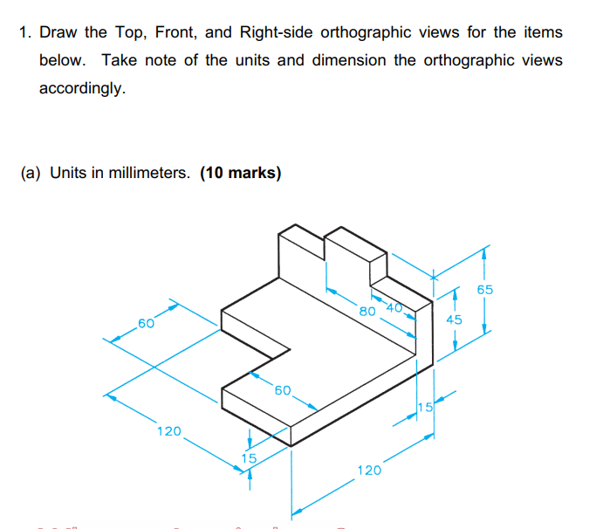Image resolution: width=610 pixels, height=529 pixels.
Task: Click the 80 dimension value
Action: pos(367,310)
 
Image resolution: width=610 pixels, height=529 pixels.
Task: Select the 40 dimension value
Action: pos(389,306)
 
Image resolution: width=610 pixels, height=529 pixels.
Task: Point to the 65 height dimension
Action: pos(486,289)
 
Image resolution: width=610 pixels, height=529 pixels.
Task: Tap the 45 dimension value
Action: pos(454,319)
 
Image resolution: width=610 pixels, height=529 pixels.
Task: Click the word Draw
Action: pos(59,33)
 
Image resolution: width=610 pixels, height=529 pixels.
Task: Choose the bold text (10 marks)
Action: pos(241,172)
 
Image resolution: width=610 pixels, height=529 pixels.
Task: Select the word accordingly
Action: pos(83,89)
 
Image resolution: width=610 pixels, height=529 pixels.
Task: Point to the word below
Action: pos(61,61)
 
